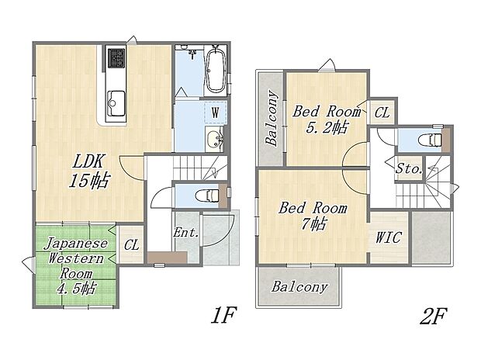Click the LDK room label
coord(90,162)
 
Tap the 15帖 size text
coord(90,182)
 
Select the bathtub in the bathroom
coord(216,70)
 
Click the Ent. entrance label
coord(185,233)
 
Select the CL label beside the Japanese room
coord(131,245)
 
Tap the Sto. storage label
coord(409,168)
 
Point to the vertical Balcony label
coord(272,119)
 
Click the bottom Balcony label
coord(299,286)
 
